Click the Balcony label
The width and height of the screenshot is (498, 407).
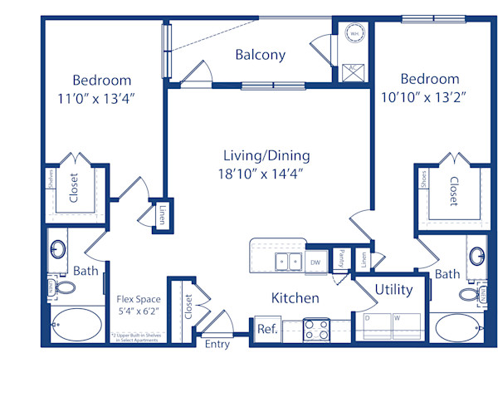tap(260, 55)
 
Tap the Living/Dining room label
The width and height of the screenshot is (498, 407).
tap(266, 155)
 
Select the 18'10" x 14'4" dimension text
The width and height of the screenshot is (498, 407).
tap(266, 174)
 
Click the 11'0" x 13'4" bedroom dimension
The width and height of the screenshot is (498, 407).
tap(101, 98)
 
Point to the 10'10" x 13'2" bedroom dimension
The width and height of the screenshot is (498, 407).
tap(429, 97)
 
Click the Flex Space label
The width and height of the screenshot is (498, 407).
tap(139, 299)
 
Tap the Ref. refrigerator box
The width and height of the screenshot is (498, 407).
tap(266, 328)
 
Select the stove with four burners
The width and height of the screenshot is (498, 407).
tap(316, 328)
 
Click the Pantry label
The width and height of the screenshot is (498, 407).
tap(341, 259)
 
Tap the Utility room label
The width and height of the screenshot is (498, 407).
tap(394, 290)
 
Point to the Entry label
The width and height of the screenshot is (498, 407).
tap(217, 344)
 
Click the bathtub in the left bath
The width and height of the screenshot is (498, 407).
tap(76, 322)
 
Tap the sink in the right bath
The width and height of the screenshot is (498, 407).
tap(476, 254)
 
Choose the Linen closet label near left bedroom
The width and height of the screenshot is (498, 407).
tap(163, 215)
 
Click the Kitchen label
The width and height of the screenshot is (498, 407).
tap(295, 297)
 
